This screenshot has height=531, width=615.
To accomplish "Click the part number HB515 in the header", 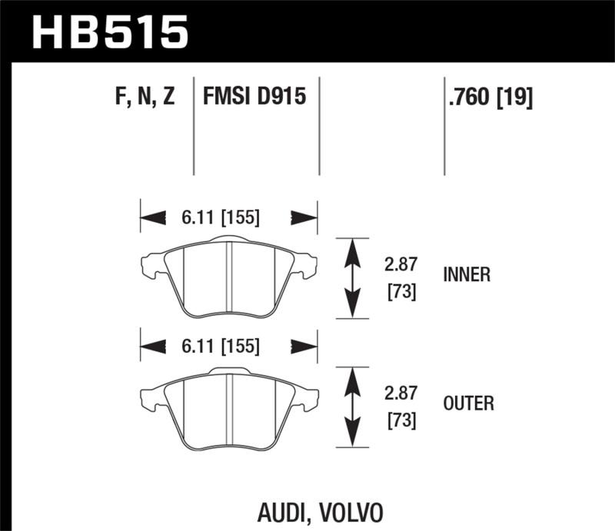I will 108,32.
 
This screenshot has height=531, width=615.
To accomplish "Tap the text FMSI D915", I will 254,97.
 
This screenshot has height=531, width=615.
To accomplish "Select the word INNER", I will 467,274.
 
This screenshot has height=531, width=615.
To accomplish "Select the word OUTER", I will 467,403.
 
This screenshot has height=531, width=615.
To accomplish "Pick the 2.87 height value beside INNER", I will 400,265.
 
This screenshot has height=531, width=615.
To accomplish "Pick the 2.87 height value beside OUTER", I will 400,393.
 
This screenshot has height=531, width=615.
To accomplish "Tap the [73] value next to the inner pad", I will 400,292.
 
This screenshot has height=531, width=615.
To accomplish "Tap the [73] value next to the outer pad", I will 400,420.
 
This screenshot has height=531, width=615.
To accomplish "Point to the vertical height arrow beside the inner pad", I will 351,278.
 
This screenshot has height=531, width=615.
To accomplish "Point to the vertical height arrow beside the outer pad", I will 351,407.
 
